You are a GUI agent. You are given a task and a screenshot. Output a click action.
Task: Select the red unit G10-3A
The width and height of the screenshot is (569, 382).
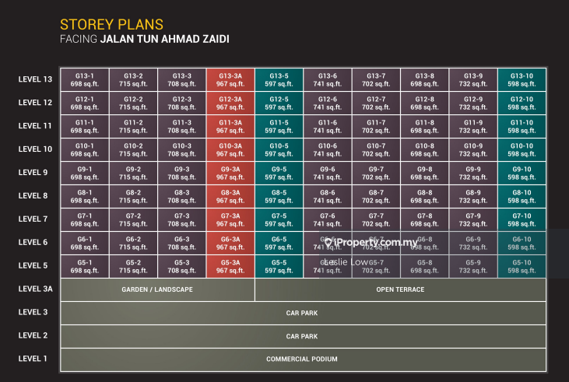pyautogui.click(x=230, y=150)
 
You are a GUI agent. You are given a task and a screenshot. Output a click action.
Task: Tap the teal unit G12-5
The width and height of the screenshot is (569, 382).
pyautogui.click(x=279, y=103)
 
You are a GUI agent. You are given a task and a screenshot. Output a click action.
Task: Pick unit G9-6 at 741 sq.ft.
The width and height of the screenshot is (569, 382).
pyautogui.click(x=328, y=173)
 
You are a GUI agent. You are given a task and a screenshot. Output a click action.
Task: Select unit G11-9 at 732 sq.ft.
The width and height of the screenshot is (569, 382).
pyautogui.click(x=473, y=127)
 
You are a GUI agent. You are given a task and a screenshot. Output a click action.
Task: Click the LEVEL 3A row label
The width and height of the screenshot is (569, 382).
pyautogui.click(x=35, y=289)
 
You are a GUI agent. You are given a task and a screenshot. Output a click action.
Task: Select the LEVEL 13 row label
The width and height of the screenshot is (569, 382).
pyautogui.click(x=35, y=79)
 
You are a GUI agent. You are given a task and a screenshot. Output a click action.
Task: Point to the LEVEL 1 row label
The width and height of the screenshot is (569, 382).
pyautogui.click(x=33, y=359)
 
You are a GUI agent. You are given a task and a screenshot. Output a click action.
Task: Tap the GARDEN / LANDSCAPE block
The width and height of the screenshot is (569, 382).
pyautogui.click(x=157, y=289)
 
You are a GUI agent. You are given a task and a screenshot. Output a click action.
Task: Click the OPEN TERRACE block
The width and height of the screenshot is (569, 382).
pyautogui.click(x=400, y=289)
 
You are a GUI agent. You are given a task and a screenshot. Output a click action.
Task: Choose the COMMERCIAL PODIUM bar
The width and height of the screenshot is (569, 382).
pyautogui.click(x=303, y=359)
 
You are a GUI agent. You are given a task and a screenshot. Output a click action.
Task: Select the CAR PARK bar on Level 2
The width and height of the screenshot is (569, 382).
pyautogui.click(x=303, y=336)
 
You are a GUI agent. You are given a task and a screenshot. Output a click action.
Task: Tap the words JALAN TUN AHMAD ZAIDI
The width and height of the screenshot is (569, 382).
pyautogui.click(x=165, y=39)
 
